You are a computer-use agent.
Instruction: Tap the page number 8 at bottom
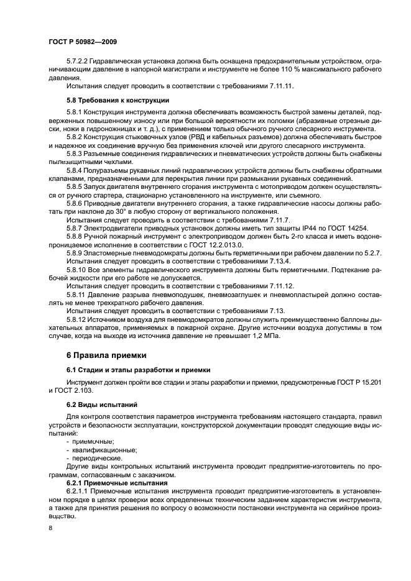(x=50, y=528)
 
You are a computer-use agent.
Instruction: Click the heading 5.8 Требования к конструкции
(x=117, y=99)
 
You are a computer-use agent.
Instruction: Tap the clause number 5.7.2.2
(x=78, y=61)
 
